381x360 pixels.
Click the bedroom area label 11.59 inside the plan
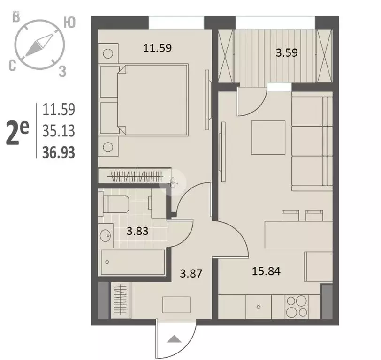(x=158, y=48)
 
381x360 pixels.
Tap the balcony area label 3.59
(x=287, y=52)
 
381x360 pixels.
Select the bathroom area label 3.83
(x=137, y=231)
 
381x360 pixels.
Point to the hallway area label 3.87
(x=191, y=273)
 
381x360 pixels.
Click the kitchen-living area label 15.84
(x=267, y=271)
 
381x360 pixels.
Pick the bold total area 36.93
(x=59, y=153)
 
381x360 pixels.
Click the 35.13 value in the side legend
(x=59, y=131)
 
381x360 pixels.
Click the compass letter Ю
(x=69, y=22)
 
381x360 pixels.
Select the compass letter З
(x=62, y=72)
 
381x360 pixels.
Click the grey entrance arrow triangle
(x=174, y=338)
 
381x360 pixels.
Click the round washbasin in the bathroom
(x=106, y=235)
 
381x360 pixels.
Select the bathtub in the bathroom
(x=133, y=262)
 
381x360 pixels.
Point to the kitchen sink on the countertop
(x=259, y=307)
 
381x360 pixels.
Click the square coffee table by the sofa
(x=268, y=138)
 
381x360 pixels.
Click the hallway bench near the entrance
(x=176, y=305)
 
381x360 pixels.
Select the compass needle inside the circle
(x=39, y=45)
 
